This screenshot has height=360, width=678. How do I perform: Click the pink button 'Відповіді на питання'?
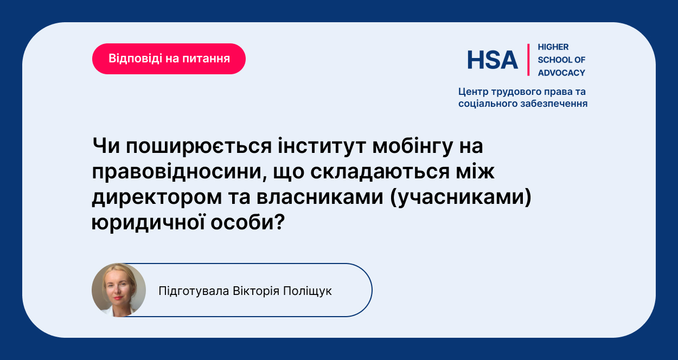[169, 59]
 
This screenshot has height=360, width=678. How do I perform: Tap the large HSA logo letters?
[492, 60]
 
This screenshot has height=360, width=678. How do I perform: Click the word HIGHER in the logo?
[553, 47]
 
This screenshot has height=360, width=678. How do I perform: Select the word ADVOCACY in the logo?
[561, 73]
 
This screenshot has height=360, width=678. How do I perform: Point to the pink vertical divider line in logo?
[528, 60]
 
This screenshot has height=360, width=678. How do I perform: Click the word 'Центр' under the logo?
[473, 92]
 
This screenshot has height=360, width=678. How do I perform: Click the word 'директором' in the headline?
[157, 197]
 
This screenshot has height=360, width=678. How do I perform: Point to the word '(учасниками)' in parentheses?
[460, 197]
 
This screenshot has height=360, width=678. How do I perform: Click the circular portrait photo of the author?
[119, 290]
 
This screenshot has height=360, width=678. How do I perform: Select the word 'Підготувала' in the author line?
[194, 291]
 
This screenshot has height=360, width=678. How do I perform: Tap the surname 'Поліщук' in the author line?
[308, 291]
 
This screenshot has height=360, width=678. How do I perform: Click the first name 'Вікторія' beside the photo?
[256, 291]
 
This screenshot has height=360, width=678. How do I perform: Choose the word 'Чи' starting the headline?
[106, 146]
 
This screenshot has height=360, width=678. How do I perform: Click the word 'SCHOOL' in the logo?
[551, 60]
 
